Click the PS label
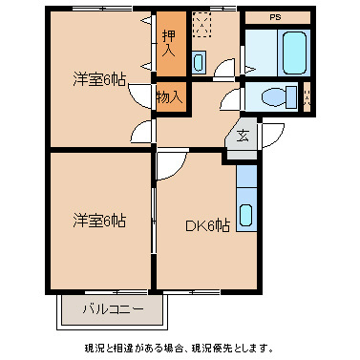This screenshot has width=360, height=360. [x=275, y=17]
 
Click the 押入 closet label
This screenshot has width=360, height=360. [x=167, y=44]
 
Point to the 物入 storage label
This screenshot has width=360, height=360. [x=168, y=96]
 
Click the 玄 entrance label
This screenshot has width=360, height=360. [x=244, y=135]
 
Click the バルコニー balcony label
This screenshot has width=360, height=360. [x=113, y=309]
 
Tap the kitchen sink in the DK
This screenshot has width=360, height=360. [x=246, y=216]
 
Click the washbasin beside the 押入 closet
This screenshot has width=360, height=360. [x=198, y=63]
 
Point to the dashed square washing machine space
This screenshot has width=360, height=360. [x=201, y=23]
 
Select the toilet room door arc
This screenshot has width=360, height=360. [x=232, y=100]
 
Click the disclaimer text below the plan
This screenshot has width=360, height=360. [x=180, y=347]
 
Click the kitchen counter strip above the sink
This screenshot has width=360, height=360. [x=246, y=177]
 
